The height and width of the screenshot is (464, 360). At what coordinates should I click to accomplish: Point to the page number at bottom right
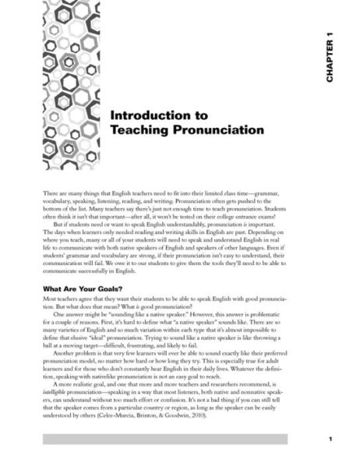click(330, 438)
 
